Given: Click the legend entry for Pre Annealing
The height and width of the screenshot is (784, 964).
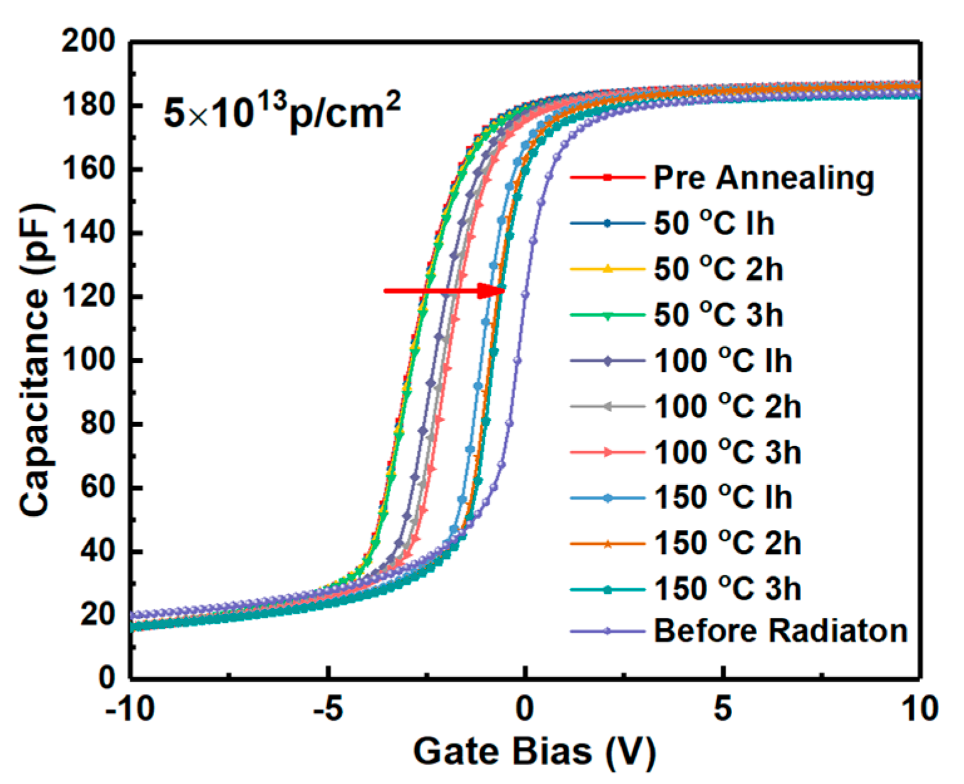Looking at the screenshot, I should pos(763,177).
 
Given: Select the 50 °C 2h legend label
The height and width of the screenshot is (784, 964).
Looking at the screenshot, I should pos(718,269).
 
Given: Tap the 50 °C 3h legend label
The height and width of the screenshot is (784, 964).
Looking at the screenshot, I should pos(718,315).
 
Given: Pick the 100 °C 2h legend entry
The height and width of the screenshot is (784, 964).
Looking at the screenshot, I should pos(727,406).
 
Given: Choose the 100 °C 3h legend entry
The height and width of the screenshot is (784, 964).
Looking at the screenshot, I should pos(727,452).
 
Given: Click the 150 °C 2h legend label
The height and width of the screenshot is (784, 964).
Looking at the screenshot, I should pos(727,543).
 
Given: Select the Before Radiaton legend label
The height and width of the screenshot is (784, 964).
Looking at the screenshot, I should pos(780,631).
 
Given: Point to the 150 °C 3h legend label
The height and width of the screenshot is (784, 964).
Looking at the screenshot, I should pos(727,589).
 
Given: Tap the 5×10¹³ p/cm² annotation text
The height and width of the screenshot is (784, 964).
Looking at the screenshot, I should pos(281,112).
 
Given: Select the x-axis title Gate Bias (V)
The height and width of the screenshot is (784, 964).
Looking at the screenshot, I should pos(534,751).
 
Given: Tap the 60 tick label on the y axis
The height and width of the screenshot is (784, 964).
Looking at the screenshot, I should pos(97,487).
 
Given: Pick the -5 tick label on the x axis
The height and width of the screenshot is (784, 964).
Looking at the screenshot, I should pos(327,709).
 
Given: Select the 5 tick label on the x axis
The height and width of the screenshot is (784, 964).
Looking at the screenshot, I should pos(723,709).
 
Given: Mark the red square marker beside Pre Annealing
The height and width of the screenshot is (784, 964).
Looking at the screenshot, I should pos(607,177).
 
